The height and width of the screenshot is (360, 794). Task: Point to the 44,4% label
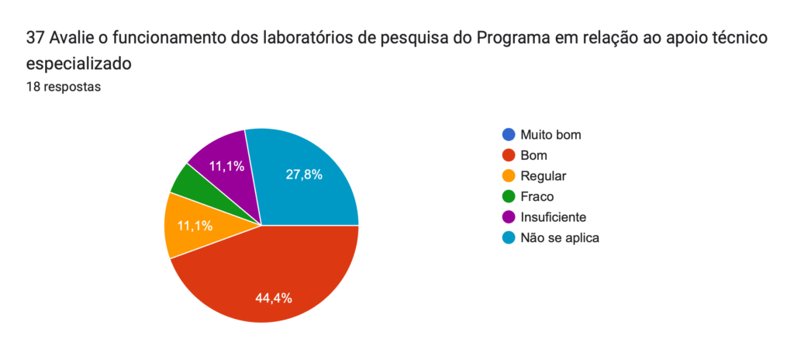coord(274,298)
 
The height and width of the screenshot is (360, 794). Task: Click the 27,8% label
coord(304,175)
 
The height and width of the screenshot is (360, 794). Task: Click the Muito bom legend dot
coord(509,135)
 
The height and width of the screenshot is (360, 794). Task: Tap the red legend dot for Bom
coord(509,155)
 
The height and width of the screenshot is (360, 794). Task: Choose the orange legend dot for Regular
coord(509,176)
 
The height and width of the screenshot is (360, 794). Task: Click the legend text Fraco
coord(537,196)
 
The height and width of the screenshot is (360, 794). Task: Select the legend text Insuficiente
coord(554,217)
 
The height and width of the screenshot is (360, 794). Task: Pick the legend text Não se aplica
coord(560,237)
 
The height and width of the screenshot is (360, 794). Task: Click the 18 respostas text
coord(64,87)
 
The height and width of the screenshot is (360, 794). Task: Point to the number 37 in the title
coord(35,39)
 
